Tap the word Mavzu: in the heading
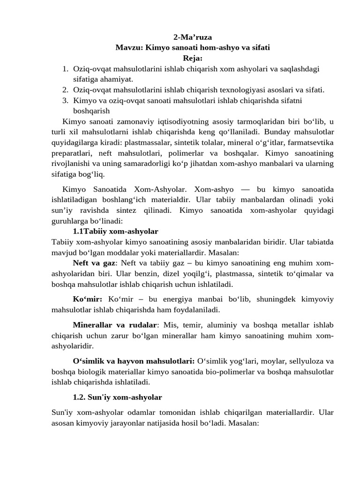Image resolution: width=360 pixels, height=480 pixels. (129, 47)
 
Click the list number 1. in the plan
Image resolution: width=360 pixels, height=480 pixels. (66, 69)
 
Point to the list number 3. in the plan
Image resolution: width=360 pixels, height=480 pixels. (66, 100)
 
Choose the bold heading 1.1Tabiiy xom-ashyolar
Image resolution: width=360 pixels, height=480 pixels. (115, 232)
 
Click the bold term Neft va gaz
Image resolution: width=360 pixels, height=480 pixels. (94, 263)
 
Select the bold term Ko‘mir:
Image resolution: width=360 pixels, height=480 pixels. (87, 299)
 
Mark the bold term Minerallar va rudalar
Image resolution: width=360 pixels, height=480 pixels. (115, 325)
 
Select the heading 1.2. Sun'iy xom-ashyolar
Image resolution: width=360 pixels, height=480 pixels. (117, 397)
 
